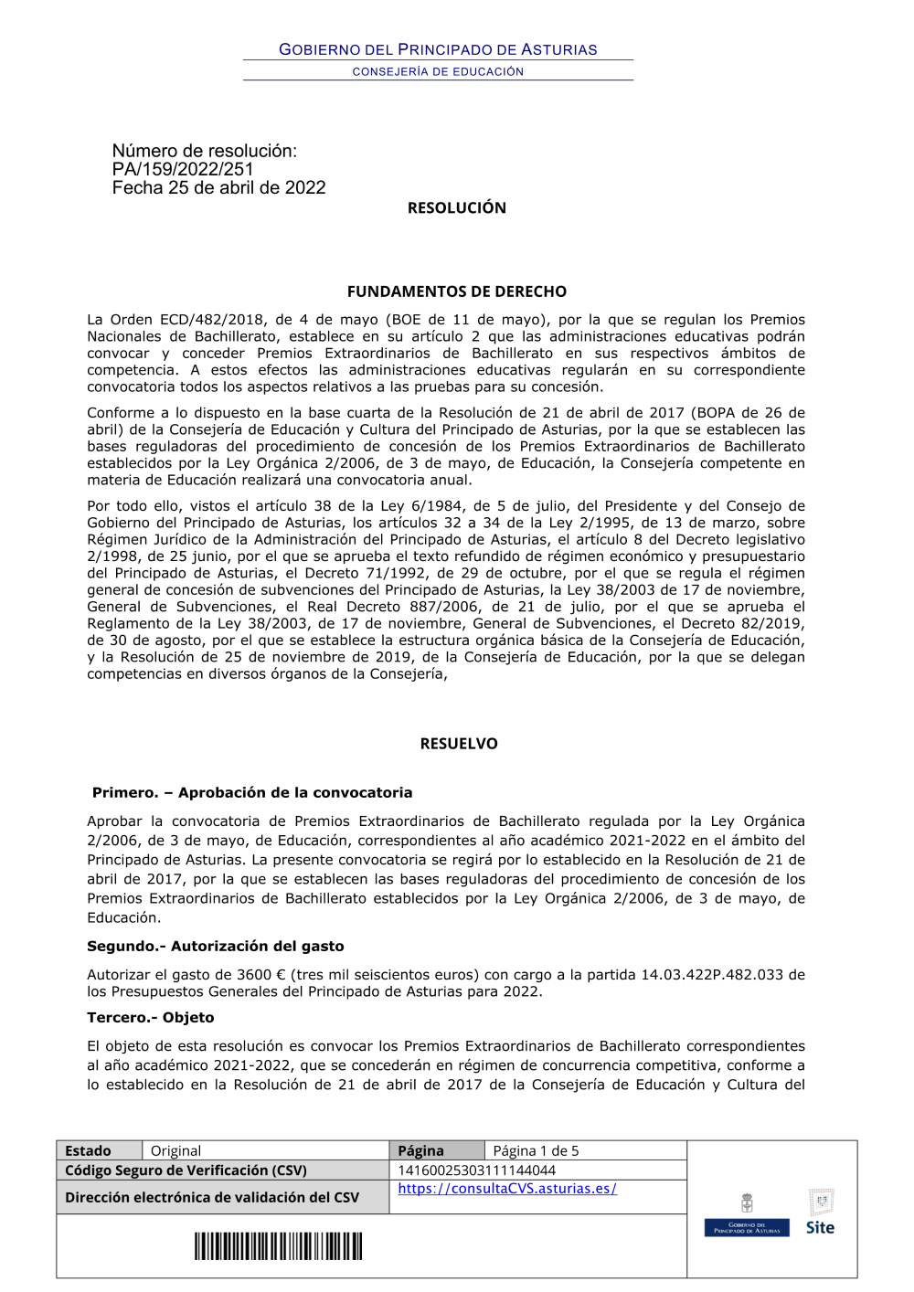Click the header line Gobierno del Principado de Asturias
point(438,49)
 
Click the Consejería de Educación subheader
point(438,71)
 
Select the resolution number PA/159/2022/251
point(183,169)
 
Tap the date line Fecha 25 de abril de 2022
point(218,187)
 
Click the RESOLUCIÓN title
point(456,207)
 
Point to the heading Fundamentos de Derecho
point(456,291)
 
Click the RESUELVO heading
point(459,744)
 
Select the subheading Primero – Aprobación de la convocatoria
point(252,792)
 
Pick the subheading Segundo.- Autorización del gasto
point(216,946)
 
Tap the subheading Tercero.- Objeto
point(151,1017)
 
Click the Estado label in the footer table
point(88,1150)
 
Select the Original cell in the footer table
point(175,1150)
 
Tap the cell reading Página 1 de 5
point(536,1150)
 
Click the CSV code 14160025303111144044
point(476,1170)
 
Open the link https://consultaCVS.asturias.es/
point(507,1189)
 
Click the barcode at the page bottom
point(278,1246)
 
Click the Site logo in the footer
point(820,1215)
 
